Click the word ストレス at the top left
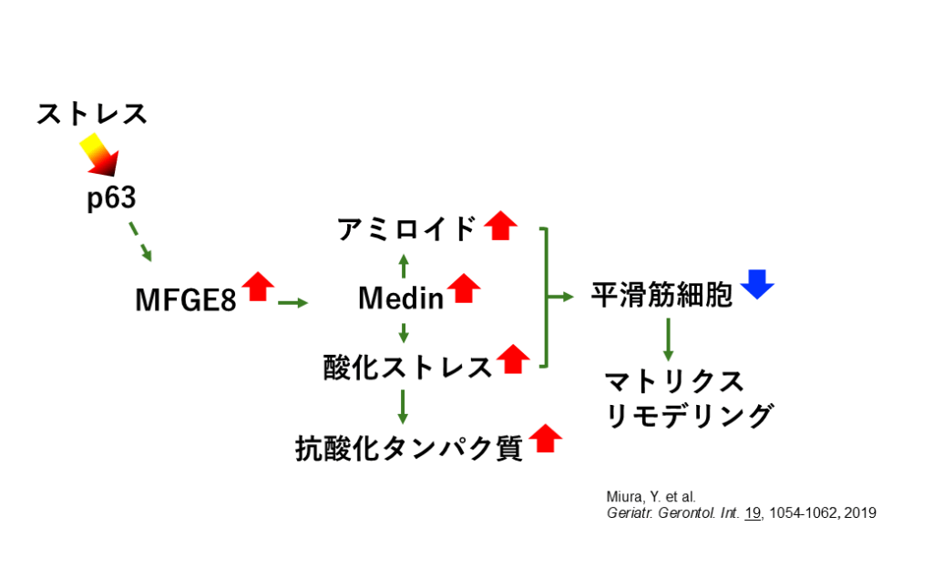click(92, 115)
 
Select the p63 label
click(111, 199)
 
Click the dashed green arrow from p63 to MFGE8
click(139, 241)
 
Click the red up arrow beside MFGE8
click(258, 286)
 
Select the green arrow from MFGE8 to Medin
click(293, 302)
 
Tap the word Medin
click(401, 298)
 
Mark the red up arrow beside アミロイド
click(499, 224)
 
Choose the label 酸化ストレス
click(407, 367)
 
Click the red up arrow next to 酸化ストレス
click(513, 359)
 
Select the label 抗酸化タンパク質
click(409, 448)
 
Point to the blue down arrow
click(757, 284)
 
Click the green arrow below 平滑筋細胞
click(668, 339)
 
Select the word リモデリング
click(690, 416)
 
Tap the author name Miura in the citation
click(623, 496)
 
